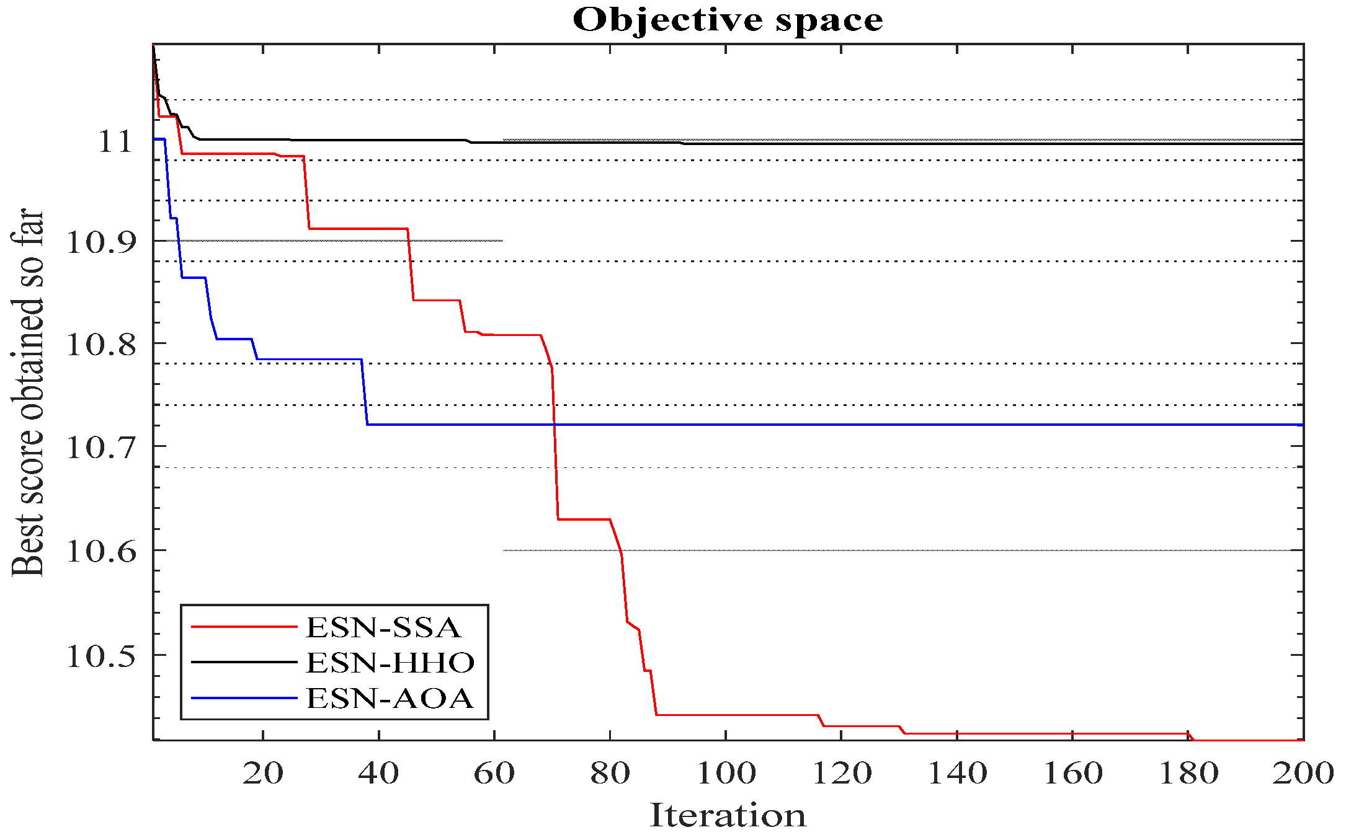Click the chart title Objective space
coord(728,20)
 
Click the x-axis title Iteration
coord(728,815)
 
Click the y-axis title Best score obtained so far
coord(28,392)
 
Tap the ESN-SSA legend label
coord(383,627)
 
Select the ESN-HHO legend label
coord(390,663)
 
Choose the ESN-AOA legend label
coord(390,699)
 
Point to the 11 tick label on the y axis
coord(115,142)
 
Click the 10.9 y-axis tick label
coord(100,242)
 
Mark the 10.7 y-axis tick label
coord(100,447)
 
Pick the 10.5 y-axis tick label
coord(100,656)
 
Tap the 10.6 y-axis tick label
coord(100,551)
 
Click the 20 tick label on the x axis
coord(263,773)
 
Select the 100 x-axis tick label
coord(726,773)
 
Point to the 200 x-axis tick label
coord(1303,773)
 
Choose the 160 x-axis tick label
coord(1072,773)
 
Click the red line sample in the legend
coord(244,627)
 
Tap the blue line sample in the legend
coord(244,698)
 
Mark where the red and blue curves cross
coord(554,425)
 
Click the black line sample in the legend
coord(244,662)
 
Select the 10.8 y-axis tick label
coord(100,344)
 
